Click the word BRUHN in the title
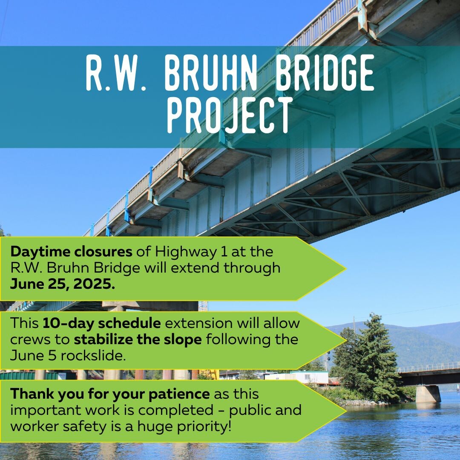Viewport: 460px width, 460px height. tap(210, 72)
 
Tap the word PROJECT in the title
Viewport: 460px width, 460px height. tap(230, 115)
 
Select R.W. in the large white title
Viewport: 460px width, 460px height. tap(115, 72)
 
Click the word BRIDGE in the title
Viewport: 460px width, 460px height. tap(325, 72)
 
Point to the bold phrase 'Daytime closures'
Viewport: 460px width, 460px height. tap(71, 252)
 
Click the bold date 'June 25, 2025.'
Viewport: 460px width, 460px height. tap(63, 284)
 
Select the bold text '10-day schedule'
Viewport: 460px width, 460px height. tap(102, 323)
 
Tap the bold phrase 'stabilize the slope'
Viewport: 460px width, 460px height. tap(138, 339)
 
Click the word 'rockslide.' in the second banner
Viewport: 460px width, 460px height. tap(93, 356)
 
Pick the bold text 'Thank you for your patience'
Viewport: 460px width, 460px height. tap(110, 394)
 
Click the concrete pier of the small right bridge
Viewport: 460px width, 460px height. tap(428, 394)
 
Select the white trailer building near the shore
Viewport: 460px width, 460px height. tap(309, 377)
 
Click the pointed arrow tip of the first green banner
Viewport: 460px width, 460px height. tap(345, 268)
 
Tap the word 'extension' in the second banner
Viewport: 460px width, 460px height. tap(199, 323)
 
